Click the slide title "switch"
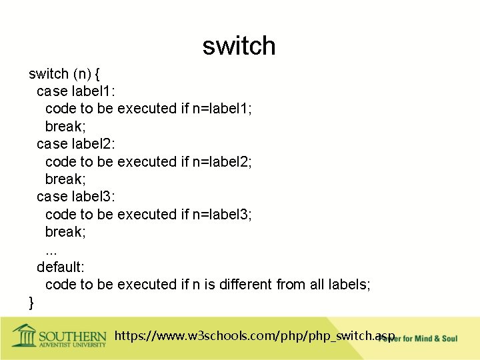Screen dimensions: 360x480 239,46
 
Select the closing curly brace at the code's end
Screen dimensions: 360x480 31,303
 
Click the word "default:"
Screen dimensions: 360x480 60,267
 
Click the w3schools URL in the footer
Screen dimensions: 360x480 255,335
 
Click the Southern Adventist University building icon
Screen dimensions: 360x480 25,335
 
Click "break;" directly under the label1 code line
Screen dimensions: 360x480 65,126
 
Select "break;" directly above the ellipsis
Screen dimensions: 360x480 65,231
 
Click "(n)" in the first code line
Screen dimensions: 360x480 82,73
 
